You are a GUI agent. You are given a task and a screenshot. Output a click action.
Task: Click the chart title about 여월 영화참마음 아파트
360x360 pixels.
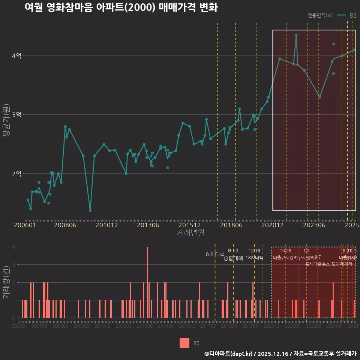pos(121,7)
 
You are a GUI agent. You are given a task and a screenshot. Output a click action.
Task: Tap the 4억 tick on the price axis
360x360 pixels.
pos(16,56)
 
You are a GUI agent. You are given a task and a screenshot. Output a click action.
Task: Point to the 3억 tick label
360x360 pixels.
pos(16,115)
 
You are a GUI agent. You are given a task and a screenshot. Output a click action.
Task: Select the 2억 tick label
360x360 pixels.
pos(16,174)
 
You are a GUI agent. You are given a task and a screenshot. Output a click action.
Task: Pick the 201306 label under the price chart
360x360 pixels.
pos(148,225)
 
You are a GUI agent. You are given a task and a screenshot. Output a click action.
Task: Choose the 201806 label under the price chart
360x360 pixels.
pos(231,225)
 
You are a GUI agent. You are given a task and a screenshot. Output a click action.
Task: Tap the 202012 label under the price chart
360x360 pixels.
pos(272,225)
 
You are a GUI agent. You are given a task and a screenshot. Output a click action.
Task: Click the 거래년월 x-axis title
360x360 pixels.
pos(190,233)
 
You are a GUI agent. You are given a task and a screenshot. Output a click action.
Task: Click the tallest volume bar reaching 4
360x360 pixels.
pos(148,282)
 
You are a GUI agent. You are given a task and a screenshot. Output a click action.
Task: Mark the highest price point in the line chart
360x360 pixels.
pos(296,35)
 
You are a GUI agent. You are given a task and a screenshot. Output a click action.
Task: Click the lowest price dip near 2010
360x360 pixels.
pos(90,210)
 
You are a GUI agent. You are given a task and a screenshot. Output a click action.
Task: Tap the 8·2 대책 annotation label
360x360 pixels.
pos(215,254)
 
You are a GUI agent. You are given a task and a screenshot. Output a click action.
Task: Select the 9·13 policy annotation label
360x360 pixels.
pos(233,250)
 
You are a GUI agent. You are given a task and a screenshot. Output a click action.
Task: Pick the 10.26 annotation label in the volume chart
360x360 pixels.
pos(285,251)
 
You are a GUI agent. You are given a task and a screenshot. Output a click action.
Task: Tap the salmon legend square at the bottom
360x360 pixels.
pos(184,343)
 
